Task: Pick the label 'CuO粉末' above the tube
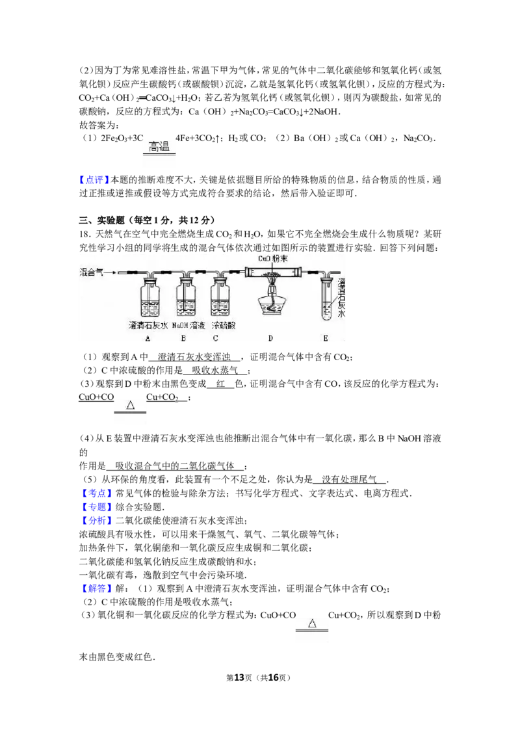[x=272, y=259]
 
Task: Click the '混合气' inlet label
[x=91, y=272]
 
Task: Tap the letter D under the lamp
[x=271, y=338]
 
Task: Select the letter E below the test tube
[x=326, y=338]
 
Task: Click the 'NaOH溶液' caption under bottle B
[x=188, y=325]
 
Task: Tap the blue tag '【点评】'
[x=94, y=180]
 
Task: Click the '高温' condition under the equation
[x=159, y=147]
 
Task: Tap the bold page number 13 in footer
[x=239, y=677]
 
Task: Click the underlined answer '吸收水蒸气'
[x=214, y=371]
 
